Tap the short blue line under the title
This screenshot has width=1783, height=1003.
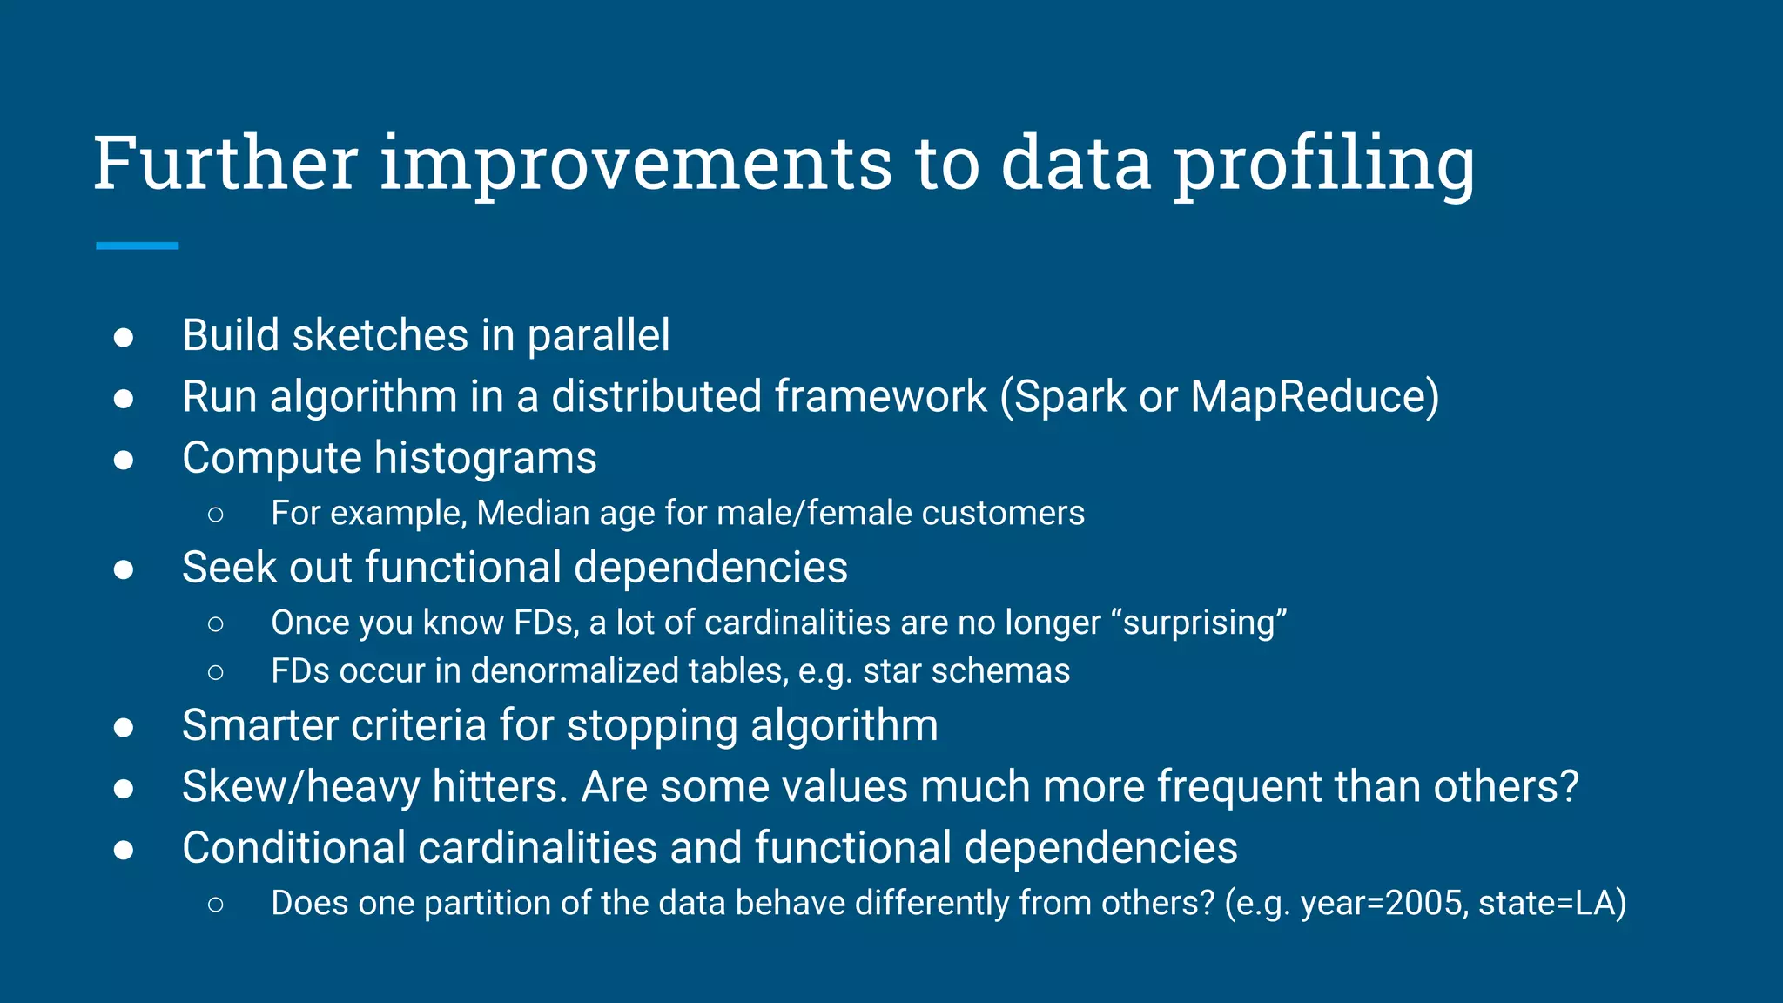(137, 246)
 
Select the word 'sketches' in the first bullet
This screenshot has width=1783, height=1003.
(380, 335)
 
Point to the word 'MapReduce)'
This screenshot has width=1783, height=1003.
(1315, 397)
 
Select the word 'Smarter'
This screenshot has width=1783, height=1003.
(247, 725)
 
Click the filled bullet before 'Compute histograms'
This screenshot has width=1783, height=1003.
(124, 460)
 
